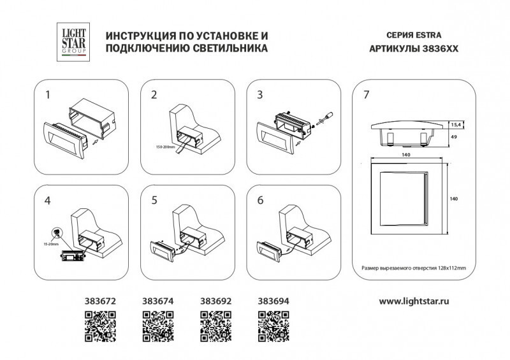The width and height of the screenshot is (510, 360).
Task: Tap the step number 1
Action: (48, 96)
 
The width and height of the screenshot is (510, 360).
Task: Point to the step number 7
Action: (365, 96)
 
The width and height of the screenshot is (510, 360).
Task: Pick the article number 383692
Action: (215, 299)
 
